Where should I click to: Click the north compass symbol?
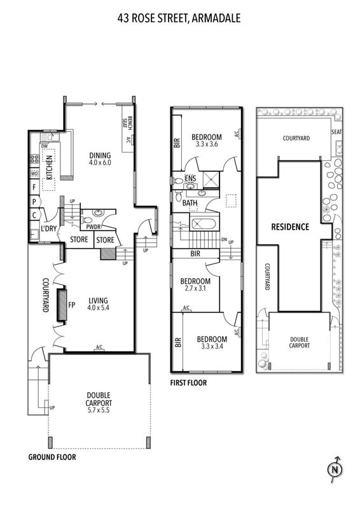click(x=335, y=469)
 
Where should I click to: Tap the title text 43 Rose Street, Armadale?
click(x=179, y=18)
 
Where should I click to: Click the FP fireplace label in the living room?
click(x=72, y=305)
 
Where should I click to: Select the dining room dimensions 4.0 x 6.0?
click(x=100, y=162)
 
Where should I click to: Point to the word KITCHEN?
click(x=50, y=167)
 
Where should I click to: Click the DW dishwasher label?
click(x=45, y=146)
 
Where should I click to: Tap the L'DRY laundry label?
click(x=49, y=228)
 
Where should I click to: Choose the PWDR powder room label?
click(x=93, y=227)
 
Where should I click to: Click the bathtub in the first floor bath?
click(x=204, y=225)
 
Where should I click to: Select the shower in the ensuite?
click(x=211, y=180)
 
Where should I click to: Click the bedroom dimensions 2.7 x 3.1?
click(x=195, y=288)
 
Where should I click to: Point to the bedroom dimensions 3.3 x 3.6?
click(x=207, y=144)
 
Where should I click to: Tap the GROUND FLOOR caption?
click(x=52, y=457)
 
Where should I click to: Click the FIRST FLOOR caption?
click(x=189, y=383)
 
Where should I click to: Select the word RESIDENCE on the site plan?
click(x=290, y=227)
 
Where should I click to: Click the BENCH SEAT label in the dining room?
click(x=127, y=123)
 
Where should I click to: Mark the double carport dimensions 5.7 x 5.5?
click(x=99, y=410)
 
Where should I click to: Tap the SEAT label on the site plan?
click(x=336, y=132)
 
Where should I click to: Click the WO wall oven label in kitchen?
click(x=34, y=174)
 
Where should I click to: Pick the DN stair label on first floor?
click(x=224, y=240)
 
